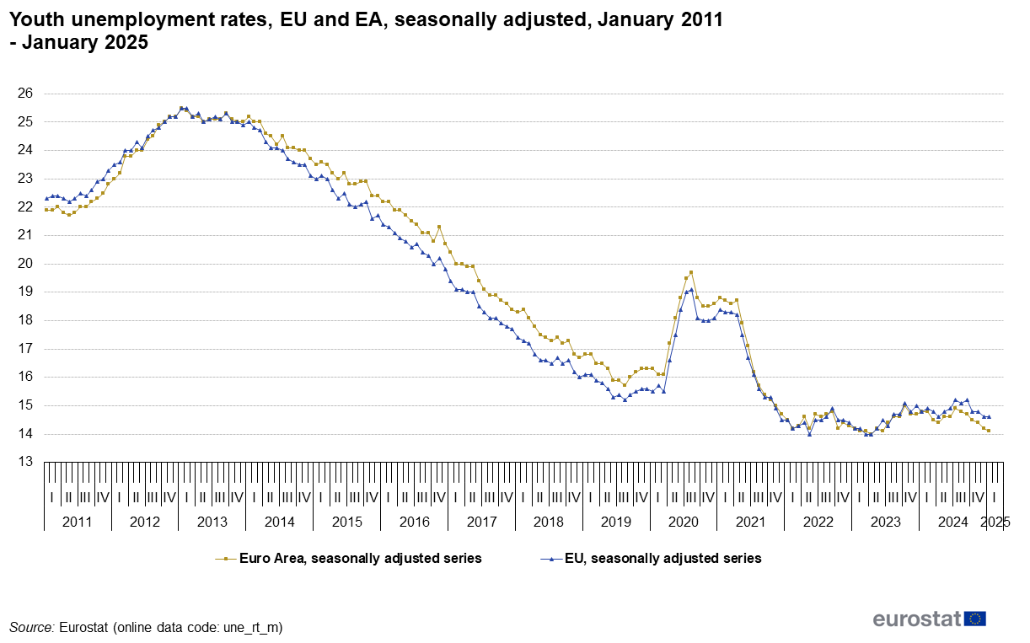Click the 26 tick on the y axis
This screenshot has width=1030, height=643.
click(x=24, y=94)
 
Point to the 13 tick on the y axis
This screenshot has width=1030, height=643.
click(x=24, y=462)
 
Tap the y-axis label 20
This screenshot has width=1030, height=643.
click(x=24, y=264)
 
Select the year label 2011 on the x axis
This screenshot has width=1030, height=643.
click(x=78, y=522)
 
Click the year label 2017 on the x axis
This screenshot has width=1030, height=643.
click(x=481, y=522)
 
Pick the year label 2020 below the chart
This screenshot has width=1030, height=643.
click(x=684, y=522)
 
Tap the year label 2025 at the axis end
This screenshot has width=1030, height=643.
click(x=995, y=522)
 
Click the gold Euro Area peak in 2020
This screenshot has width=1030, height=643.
click(x=691, y=272)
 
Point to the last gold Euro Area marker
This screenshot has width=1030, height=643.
click(x=989, y=431)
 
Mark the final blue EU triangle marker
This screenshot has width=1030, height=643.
click(x=989, y=416)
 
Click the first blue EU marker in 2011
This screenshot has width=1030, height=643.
click(x=46, y=198)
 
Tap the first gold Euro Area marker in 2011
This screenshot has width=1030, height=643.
click(x=46, y=209)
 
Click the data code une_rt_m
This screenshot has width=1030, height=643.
click(x=251, y=627)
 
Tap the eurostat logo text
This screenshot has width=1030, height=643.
click(x=917, y=619)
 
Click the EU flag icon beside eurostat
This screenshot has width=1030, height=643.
click(x=975, y=619)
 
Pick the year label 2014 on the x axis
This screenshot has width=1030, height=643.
click(x=279, y=522)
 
